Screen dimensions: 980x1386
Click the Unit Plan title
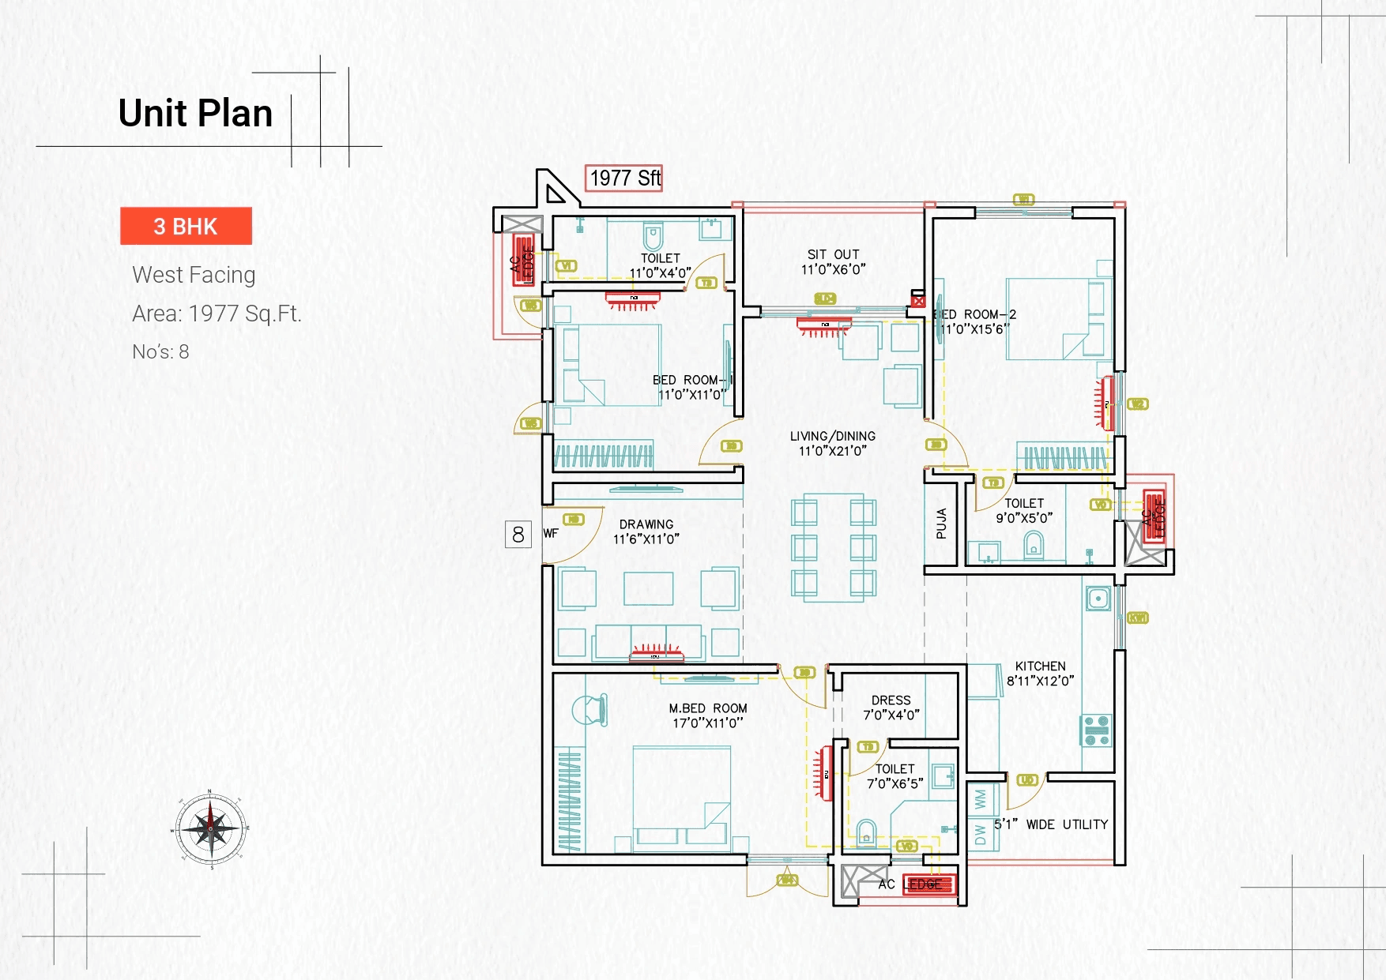pos(195,113)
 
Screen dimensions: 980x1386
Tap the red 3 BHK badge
pos(186,227)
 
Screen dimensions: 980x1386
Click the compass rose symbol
pos(211,829)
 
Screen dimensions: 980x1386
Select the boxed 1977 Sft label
pos(624,178)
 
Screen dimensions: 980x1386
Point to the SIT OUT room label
pos(833,255)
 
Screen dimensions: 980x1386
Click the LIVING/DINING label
pos(833,437)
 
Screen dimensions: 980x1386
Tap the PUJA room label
pos(941,524)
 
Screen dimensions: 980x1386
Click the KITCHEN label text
pos(1040,666)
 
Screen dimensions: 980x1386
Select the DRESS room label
pos(891,700)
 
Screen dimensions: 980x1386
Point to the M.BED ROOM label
pos(707,709)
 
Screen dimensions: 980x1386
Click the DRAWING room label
pos(646,524)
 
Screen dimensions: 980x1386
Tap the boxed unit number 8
pos(518,535)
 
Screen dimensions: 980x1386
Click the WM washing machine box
pos(981,799)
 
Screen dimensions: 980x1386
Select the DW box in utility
pos(981,835)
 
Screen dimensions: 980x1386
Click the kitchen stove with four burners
pos(1097,730)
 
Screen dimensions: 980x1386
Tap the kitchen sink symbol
pos(1098,599)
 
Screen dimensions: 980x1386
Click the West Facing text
pos(194,275)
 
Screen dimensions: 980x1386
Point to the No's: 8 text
pos(160,352)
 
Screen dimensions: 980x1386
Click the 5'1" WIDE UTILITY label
pos(1051,824)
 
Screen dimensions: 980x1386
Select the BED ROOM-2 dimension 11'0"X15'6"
pos(975,329)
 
